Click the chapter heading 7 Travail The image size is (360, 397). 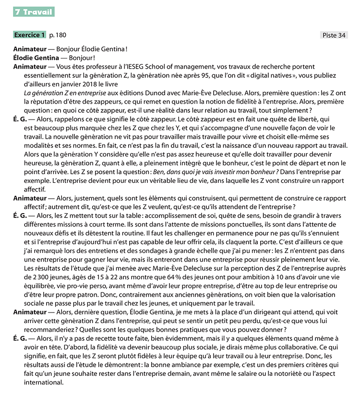click(34, 12)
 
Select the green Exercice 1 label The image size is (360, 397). click(30, 35)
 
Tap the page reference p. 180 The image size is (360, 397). click(58, 35)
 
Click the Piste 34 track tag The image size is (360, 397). click(334, 35)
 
